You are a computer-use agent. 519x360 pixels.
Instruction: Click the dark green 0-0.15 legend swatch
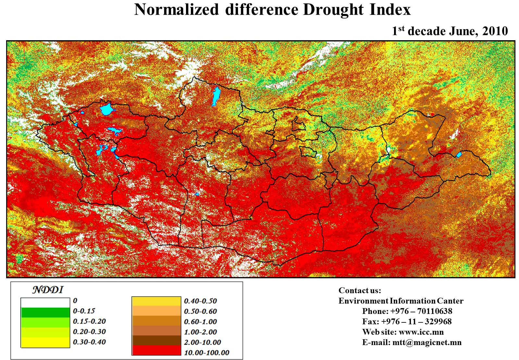(45, 312)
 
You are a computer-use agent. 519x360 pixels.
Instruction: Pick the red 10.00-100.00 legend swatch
(156, 350)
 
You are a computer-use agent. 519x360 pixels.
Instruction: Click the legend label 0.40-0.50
(200, 301)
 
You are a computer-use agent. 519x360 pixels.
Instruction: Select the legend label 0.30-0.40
(89, 342)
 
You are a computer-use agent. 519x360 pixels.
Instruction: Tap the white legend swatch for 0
(45, 302)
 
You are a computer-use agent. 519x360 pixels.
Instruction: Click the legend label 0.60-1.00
(200, 322)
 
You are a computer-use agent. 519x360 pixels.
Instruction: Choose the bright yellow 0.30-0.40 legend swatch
(45, 342)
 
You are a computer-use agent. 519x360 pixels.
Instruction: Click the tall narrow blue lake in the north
(215, 96)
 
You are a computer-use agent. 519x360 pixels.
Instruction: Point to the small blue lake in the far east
(459, 155)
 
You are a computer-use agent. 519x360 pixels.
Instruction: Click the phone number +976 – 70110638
(421, 311)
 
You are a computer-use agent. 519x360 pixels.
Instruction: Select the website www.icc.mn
(421, 332)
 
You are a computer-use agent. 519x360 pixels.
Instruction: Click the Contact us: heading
(360, 290)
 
